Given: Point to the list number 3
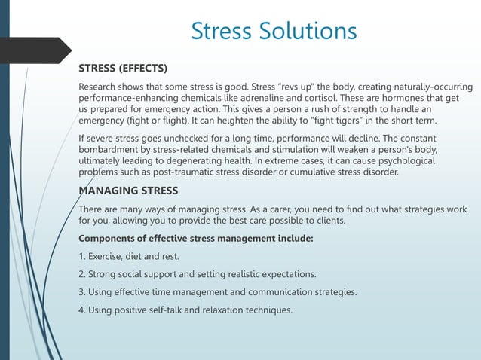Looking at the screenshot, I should coord(82,291).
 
